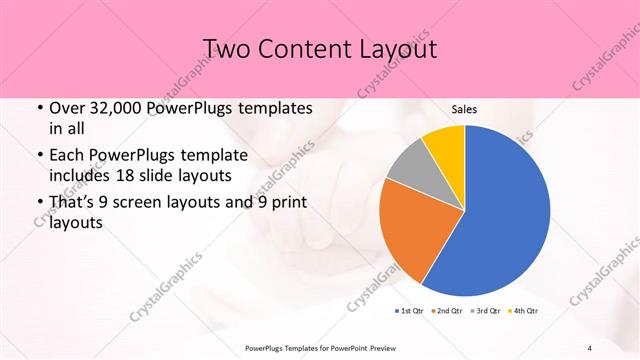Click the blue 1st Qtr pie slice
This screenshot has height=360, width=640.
click(x=500, y=215)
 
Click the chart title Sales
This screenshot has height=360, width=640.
click(x=464, y=108)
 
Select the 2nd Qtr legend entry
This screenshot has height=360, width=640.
click(x=447, y=311)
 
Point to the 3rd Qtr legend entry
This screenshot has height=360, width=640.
click(x=485, y=311)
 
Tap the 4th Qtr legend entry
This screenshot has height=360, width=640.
click(x=523, y=311)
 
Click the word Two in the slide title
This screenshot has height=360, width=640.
click(x=226, y=49)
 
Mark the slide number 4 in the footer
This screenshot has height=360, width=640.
click(x=590, y=347)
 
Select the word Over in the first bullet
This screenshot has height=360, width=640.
click(x=68, y=108)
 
